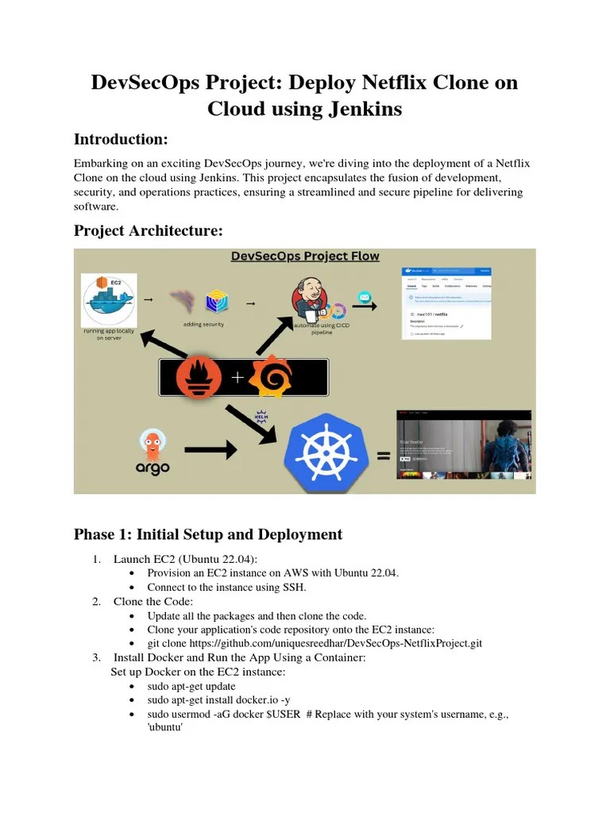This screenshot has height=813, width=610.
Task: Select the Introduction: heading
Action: [x=121, y=139]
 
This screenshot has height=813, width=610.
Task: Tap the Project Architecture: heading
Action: [x=149, y=230]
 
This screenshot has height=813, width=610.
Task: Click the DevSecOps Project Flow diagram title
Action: [x=305, y=256]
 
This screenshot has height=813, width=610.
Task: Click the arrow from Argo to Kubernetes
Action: [x=210, y=450]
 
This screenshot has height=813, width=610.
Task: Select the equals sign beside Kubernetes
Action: [x=384, y=456]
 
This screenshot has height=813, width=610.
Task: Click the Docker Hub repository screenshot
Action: [x=446, y=302]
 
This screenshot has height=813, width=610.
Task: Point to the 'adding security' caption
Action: [x=203, y=324]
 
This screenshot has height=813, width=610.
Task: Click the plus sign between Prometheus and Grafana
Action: [x=237, y=378]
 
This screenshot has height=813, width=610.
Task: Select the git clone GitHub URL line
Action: [x=315, y=643]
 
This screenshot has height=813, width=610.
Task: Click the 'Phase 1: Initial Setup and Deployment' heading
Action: [x=208, y=534]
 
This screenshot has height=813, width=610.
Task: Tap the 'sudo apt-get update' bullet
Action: [x=191, y=686]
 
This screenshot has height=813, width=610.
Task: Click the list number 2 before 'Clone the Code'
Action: [x=96, y=601]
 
